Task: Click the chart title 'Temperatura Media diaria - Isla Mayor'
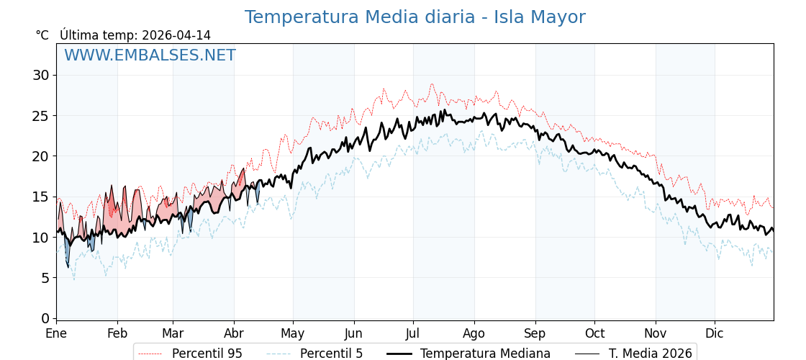pos(415,17)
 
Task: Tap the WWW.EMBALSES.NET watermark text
pos(150,55)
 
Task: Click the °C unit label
pos(42,35)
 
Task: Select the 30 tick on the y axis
pos(41,75)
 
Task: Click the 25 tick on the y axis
pos(41,115)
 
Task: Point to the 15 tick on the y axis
pos(41,197)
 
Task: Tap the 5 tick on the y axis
pos(45,278)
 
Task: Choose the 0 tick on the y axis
pos(45,318)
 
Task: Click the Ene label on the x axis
pos(56,334)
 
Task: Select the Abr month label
pos(234,334)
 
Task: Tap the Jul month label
pos(413,334)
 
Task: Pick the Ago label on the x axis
pos(474,334)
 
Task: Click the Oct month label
pos(594,334)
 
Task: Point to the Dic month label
pos(715,334)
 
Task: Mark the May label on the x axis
pos(293,334)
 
